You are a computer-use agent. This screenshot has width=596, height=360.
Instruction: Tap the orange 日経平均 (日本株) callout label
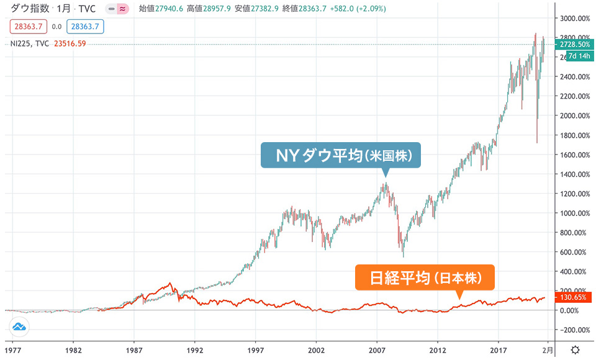pyautogui.click(x=425, y=278)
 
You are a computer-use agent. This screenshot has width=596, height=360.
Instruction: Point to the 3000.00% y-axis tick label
pyautogui.click(x=576, y=18)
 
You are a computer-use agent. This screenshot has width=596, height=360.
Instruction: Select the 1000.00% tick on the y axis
pyautogui.click(x=576, y=213)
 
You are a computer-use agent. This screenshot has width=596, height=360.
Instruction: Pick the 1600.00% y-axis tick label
pyautogui.click(x=576, y=155)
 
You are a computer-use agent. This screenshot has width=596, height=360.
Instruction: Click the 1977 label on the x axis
pyautogui.click(x=13, y=349)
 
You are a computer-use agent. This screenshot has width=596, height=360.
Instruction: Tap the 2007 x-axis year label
pyautogui.click(x=377, y=349)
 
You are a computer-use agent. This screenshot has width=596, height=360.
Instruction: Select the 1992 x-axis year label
pyautogui.click(x=195, y=349)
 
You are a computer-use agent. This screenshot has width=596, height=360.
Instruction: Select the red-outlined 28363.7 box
pyautogui.click(x=27, y=27)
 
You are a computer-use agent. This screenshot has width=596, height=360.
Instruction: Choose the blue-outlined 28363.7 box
pyautogui.click(x=86, y=27)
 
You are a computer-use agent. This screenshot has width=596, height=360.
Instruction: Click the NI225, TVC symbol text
pyautogui.click(x=30, y=43)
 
